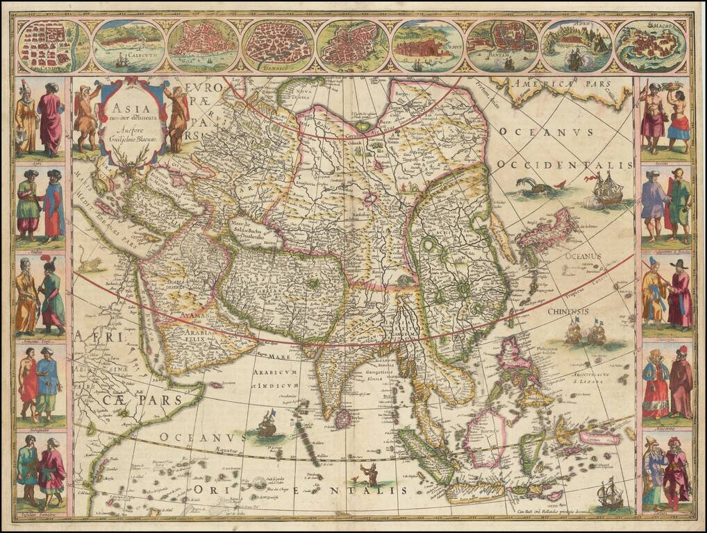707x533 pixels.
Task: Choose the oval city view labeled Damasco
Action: point(277,46)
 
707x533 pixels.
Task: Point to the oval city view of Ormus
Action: point(426,46)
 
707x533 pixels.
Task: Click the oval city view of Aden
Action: point(576,46)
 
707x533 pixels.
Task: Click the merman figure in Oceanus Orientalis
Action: point(370,475)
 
